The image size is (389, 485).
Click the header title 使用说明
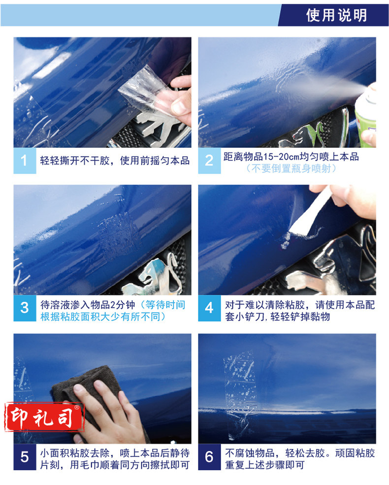point(336,15)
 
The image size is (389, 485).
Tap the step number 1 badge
point(25,161)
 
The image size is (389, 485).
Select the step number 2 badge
point(209,161)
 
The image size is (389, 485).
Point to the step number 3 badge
point(25,308)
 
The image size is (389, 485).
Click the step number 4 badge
point(209,308)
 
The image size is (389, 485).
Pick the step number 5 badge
point(25,457)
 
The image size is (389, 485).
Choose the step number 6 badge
point(209,457)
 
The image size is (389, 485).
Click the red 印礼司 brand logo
point(44,417)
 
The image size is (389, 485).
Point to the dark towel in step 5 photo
point(90,393)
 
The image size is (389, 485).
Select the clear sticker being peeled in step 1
point(145,90)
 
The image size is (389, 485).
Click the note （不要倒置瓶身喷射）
point(291,169)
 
